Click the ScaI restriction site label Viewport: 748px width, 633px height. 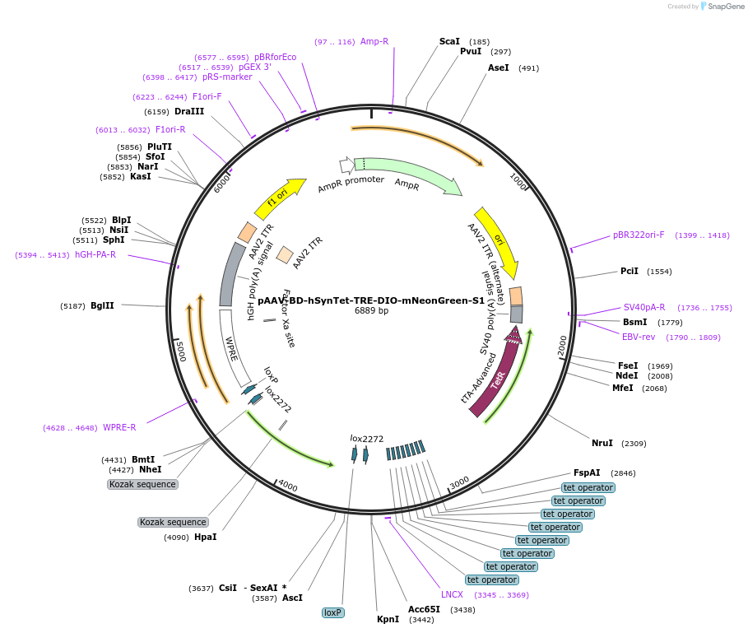click(449, 41)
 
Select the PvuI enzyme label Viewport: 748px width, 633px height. click(471, 51)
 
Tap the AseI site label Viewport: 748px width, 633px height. click(499, 67)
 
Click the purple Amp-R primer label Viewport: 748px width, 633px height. click(374, 41)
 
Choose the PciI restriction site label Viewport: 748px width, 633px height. click(630, 271)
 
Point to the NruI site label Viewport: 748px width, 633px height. click(602, 443)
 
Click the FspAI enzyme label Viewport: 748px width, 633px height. click(587, 472)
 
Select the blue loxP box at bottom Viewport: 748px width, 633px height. click(332, 612)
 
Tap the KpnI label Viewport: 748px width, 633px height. click(388, 619)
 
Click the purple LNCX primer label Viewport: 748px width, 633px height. click(452, 594)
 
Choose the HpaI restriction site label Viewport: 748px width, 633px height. click(206, 537)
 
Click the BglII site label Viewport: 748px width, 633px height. click(102, 305)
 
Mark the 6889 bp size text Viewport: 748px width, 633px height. click(371, 311)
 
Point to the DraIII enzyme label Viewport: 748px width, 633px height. click(189, 111)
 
